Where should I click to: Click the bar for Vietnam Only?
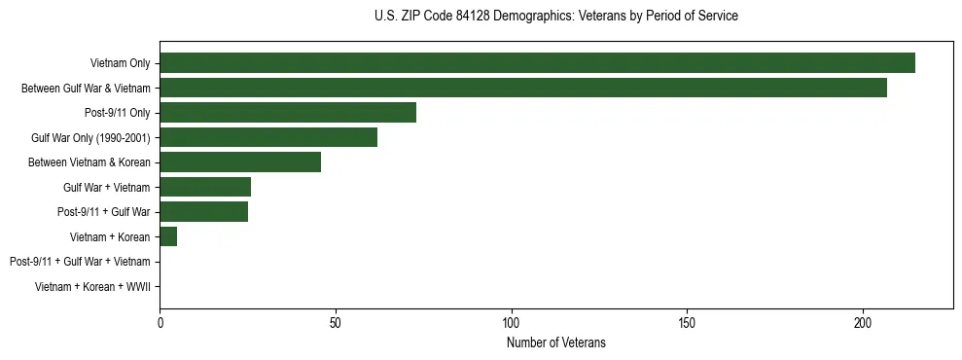coord(537,62)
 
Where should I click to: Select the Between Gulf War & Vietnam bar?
coord(523,88)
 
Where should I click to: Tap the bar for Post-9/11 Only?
coord(288,112)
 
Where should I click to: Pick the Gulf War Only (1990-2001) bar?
coord(268,137)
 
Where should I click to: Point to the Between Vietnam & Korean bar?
coord(240,162)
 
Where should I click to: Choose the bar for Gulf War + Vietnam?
coord(205,187)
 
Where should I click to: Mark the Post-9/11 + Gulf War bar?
coord(203,211)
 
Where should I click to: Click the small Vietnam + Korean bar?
coord(168,236)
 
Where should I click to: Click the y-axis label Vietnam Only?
coord(120,63)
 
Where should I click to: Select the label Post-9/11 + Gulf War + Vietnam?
coord(80,262)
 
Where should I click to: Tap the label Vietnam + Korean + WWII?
coord(92,286)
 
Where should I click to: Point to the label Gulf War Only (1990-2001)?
coord(90,137)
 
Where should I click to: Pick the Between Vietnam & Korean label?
coord(89,162)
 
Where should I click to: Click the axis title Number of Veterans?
coord(555,342)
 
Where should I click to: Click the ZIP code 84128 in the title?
coord(472,17)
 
